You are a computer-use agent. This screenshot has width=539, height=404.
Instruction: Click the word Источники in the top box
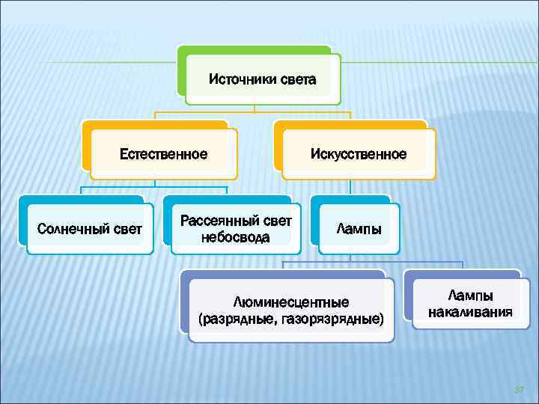tap(235, 79)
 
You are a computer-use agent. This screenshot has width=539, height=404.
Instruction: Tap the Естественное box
tap(164, 154)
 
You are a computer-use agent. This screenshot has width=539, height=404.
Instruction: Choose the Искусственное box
tap(359, 154)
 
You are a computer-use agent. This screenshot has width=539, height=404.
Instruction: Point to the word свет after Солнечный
tap(127, 228)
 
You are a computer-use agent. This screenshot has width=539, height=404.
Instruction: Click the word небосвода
tap(235, 237)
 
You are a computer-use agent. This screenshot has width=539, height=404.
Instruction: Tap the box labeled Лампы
tap(359, 228)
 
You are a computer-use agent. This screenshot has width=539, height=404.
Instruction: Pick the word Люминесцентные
tap(291, 302)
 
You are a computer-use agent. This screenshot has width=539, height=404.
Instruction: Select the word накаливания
tap(470, 312)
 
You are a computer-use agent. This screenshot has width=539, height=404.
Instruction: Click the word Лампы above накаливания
tap(470, 296)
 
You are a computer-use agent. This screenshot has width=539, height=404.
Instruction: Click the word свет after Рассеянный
tap(273, 221)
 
